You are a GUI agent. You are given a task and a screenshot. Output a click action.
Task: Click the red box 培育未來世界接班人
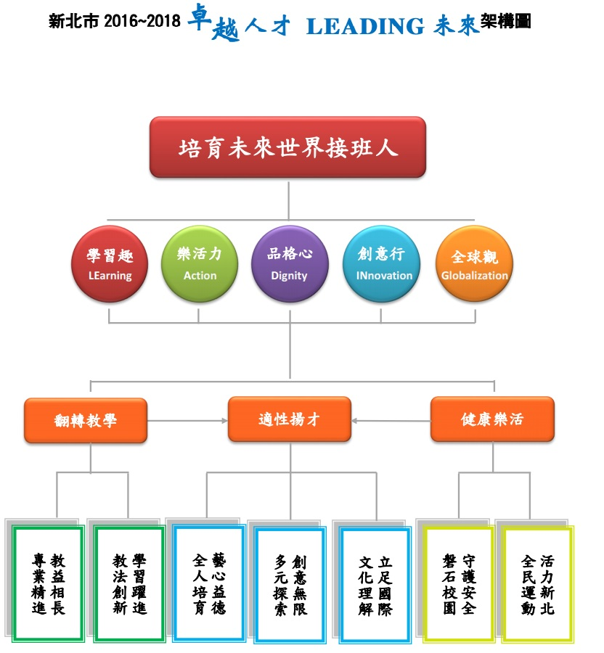pos(287,147)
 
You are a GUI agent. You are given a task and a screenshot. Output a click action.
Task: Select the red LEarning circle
pos(110,263)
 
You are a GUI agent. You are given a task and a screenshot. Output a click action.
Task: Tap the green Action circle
pos(200,263)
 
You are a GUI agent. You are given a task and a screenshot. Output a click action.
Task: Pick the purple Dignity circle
pos(290,263)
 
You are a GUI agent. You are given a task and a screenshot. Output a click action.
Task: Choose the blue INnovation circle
pos(381,263)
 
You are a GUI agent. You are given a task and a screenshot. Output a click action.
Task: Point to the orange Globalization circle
pos(474,263)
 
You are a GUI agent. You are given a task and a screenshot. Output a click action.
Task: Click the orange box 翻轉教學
pos(86,420)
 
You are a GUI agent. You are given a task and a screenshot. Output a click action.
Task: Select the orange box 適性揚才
pos(290,419)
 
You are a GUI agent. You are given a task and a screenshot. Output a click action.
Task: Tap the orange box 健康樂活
pos(492,419)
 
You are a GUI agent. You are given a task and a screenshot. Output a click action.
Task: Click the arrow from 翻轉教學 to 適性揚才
pos(187,421)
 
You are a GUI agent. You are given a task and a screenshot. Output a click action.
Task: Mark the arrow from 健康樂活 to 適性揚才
pos(391,421)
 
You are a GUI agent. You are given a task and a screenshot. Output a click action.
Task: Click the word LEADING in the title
pos(365,26)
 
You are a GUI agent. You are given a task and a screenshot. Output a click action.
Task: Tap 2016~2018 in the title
pos(142,21)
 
